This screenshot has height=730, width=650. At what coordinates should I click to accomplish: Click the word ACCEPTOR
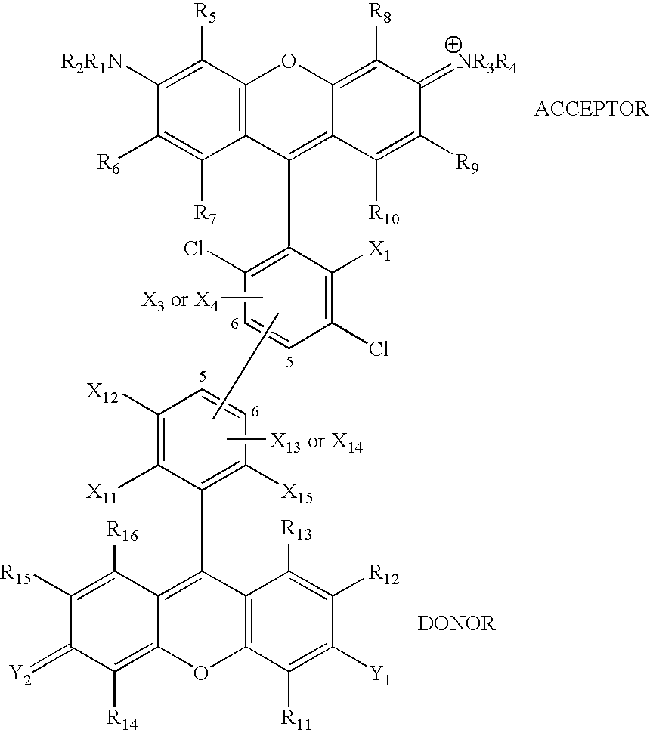[591, 110]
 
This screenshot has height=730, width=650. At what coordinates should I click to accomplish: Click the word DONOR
[457, 623]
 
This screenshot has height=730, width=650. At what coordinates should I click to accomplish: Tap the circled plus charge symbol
[453, 45]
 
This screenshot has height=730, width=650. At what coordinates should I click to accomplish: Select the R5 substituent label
[205, 14]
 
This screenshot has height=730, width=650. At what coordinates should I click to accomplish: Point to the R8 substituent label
[380, 14]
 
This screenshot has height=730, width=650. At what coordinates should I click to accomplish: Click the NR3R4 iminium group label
[487, 64]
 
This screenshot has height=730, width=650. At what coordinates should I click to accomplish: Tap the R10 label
[384, 215]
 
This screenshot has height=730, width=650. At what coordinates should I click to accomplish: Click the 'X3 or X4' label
[180, 302]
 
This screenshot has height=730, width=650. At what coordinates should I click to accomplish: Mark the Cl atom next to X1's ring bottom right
[379, 348]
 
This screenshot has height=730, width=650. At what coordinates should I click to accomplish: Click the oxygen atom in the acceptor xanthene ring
[289, 61]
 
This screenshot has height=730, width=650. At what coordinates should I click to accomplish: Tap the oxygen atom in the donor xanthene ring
[201, 673]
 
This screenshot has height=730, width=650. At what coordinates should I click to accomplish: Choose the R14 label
[122, 719]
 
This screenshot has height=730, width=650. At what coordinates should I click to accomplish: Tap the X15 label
[296, 493]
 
